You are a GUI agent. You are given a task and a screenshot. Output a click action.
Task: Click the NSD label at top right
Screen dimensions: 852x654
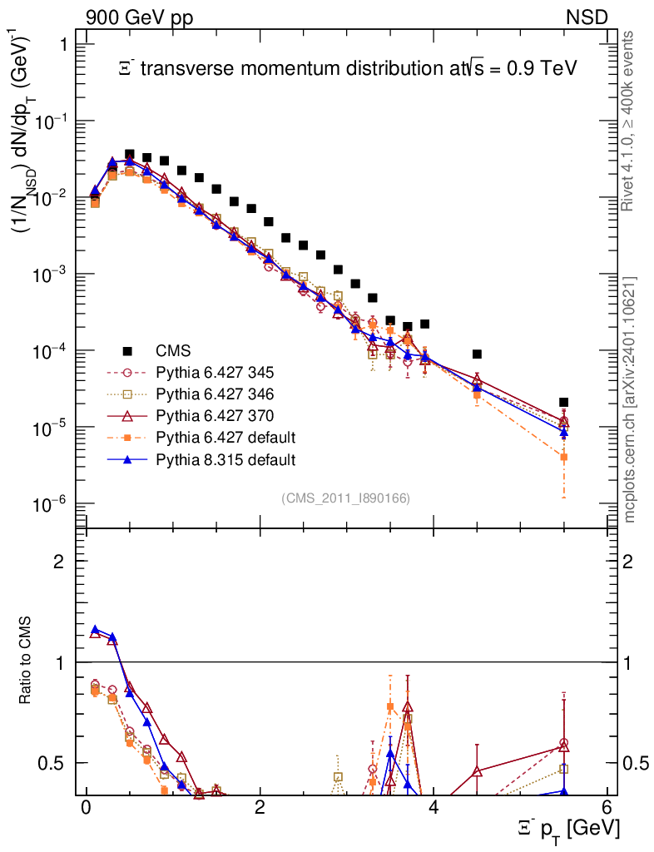(588, 17)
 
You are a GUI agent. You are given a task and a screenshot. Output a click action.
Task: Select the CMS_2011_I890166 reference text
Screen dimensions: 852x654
(345, 498)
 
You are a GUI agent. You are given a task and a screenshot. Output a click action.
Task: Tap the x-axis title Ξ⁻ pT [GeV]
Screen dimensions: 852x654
(567, 829)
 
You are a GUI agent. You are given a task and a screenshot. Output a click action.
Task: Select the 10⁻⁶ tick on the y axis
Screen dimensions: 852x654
(52, 504)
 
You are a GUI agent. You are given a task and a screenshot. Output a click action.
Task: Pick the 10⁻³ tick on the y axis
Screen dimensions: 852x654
(52, 275)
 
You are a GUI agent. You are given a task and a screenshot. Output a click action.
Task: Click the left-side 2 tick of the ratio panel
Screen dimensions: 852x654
(60, 562)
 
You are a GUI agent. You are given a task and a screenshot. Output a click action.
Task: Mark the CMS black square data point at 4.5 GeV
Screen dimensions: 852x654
(477, 354)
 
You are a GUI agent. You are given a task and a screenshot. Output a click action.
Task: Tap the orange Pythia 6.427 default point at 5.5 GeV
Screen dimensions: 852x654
(563, 457)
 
